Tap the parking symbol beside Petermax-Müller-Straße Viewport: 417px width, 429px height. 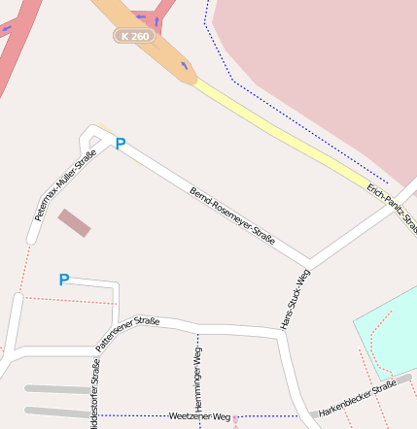(121, 144)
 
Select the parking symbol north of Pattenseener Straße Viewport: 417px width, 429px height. (64, 280)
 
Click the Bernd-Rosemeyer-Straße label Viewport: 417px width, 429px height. (233, 215)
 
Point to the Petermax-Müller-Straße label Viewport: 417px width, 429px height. (66, 185)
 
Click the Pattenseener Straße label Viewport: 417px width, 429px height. (127, 333)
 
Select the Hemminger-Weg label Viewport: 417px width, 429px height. (198, 380)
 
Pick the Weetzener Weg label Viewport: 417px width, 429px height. (199, 416)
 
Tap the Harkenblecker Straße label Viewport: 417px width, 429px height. (358, 399)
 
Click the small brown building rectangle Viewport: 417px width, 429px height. (75, 222)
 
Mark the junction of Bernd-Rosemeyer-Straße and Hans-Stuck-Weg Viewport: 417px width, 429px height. (308, 263)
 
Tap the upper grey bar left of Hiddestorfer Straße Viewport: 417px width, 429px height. (56, 389)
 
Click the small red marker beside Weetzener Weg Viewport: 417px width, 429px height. (235, 419)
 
